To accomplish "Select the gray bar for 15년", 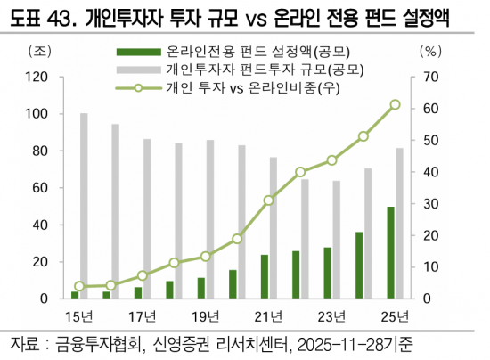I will click(x=84, y=206).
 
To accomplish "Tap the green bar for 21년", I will click(x=265, y=276).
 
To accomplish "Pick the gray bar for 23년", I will click(x=337, y=240).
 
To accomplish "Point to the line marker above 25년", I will click(x=395, y=104).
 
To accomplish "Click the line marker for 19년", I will click(x=205, y=256).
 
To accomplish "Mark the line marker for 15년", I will click(x=79, y=286).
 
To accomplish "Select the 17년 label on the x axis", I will click(x=142, y=316).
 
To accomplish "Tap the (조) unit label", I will click(x=41, y=51).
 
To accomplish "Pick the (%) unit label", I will click(x=429, y=51).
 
